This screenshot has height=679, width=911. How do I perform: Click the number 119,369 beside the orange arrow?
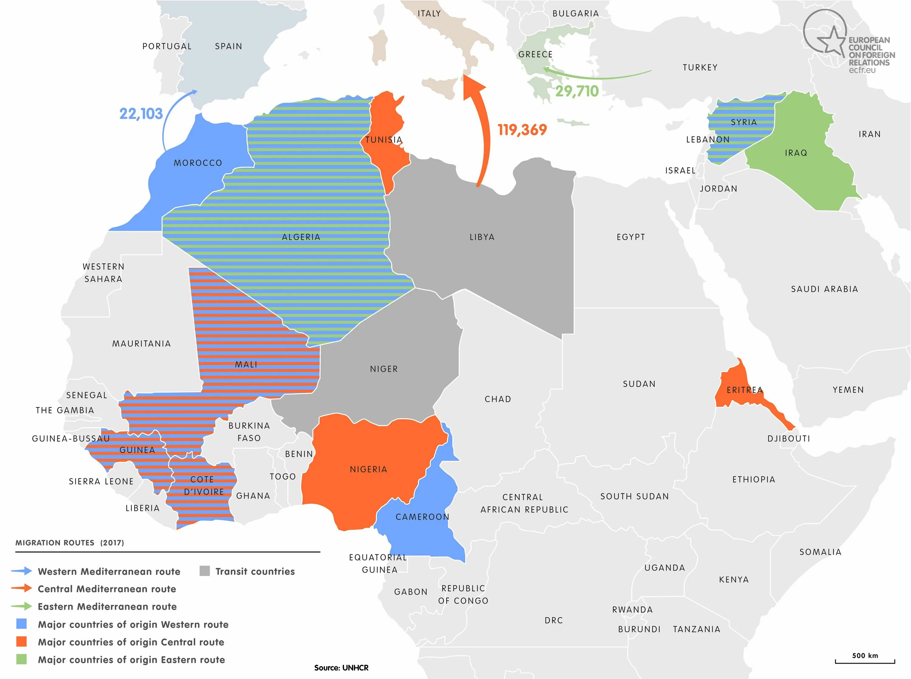coord(522,130)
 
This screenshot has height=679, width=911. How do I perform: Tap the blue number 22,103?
coord(141,114)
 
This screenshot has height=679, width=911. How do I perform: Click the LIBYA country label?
coord(482,237)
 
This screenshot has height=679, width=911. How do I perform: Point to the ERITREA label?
coord(745,390)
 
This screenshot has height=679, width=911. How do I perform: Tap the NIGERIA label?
coord(368,469)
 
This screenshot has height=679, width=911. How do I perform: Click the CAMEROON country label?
coord(422,517)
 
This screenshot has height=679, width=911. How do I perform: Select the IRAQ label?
coord(796,153)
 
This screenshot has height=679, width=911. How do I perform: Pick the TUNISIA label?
coord(384,140)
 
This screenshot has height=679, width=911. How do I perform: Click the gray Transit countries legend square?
coord(205,571)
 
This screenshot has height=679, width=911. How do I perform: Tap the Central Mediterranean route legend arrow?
coord(22,588)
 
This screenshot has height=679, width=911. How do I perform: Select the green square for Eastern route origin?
coord(21,659)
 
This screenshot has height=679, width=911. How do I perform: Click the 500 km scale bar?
coord(865,661)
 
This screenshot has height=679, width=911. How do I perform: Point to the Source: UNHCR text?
coord(341,668)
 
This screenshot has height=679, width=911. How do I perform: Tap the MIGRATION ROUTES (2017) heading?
coord(70,542)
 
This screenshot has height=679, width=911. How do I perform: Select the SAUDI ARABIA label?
coord(824,289)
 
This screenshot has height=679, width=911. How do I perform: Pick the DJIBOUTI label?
coord(789,439)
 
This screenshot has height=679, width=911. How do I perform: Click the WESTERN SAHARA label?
coord(103,273)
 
